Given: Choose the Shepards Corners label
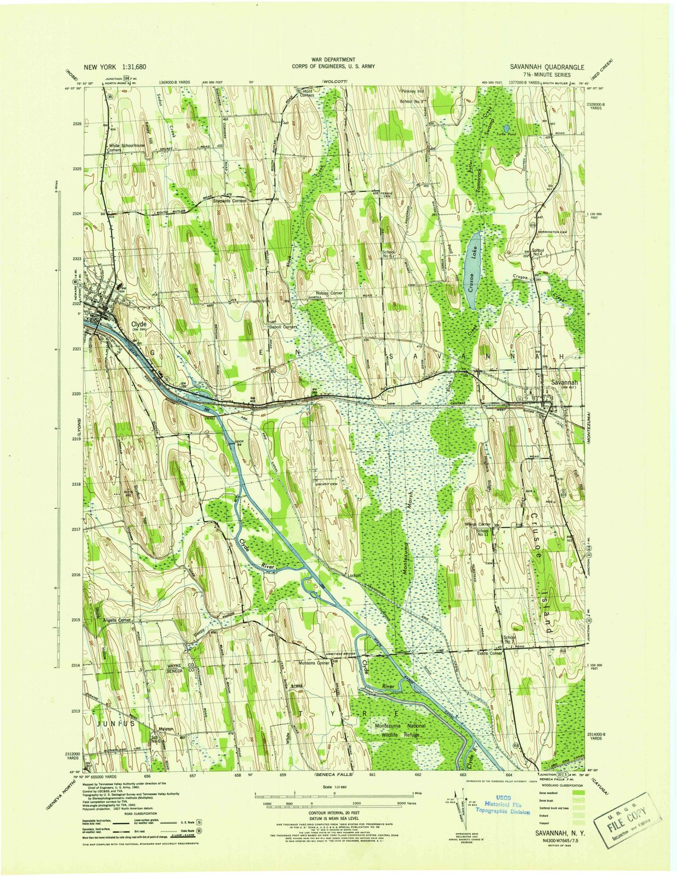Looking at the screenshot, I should (229, 201).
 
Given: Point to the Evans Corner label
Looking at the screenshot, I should (490, 653).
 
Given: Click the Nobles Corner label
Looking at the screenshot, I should (329, 293).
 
